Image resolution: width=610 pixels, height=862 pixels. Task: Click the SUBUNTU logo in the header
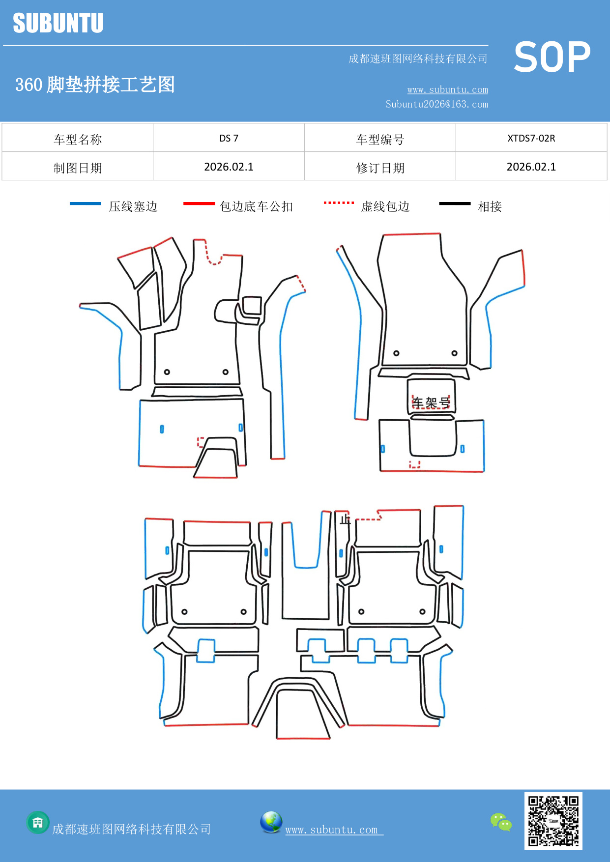[x=58, y=23]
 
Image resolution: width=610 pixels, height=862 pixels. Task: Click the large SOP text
[x=552, y=57]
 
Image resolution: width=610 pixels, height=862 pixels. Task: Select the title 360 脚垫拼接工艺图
[x=95, y=85]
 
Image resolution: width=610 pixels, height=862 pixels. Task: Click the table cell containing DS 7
[x=229, y=138]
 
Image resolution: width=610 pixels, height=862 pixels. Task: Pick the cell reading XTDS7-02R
[x=531, y=138]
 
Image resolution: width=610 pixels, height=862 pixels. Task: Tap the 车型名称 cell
[x=78, y=140]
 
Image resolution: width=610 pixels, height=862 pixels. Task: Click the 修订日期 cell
[x=380, y=168]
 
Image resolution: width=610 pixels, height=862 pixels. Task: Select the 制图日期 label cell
[x=78, y=168]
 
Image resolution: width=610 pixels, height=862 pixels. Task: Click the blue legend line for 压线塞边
[x=86, y=203]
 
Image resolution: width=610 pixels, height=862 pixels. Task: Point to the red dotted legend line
[x=339, y=202]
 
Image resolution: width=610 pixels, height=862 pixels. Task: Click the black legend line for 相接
[x=455, y=203]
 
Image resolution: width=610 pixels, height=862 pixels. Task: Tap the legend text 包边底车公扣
[x=256, y=206]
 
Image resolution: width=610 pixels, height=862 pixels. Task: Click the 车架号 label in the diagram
[x=431, y=403]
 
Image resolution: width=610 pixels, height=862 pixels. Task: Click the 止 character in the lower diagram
[x=345, y=519]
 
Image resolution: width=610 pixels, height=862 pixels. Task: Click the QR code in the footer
[x=553, y=821]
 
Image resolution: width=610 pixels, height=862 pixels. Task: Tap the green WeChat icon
[x=501, y=822]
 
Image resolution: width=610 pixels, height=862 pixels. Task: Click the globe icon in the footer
[x=271, y=822]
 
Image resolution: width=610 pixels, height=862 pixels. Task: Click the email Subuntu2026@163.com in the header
[x=436, y=104]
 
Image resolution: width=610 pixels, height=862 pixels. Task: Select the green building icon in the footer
[x=38, y=822]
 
